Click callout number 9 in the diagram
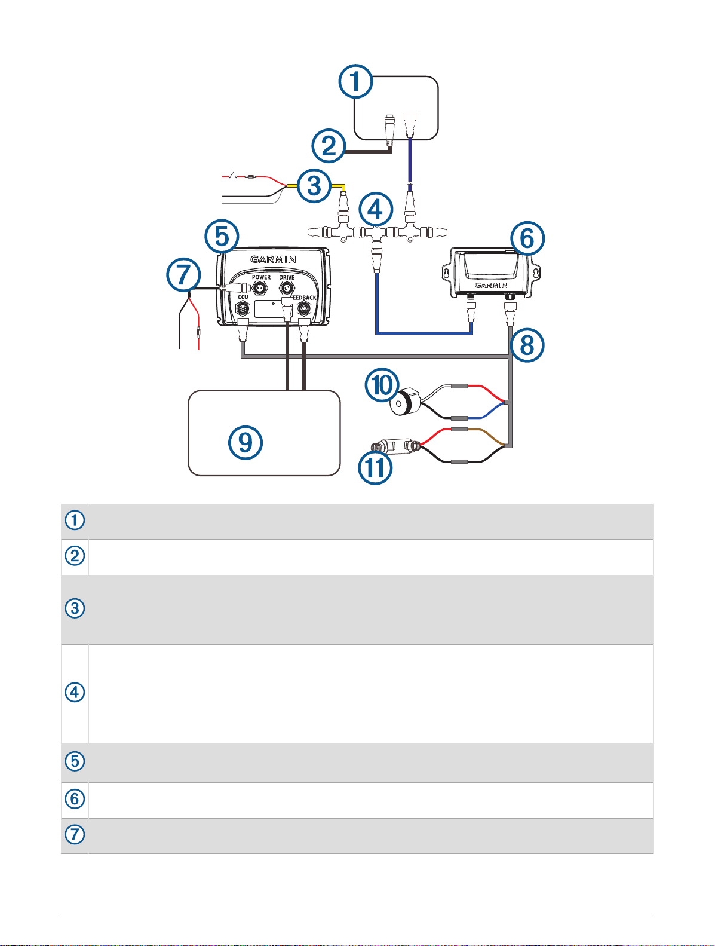(x=246, y=443)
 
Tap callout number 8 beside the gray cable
(x=526, y=344)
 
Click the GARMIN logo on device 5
(x=273, y=259)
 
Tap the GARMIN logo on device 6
(x=492, y=286)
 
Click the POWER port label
(x=261, y=277)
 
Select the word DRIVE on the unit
(x=287, y=277)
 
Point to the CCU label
(x=243, y=297)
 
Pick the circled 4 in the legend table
(x=75, y=693)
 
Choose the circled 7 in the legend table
(x=75, y=835)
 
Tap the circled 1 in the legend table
(x=75, y=521)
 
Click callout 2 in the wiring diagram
(x=329, y=146)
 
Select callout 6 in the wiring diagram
(x=527, y=238)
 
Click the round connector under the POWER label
(x=260, y=289)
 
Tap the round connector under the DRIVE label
(x=287, y=289)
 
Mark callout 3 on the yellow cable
(x=314, y=186)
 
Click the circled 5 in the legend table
(x=75, y=762)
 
